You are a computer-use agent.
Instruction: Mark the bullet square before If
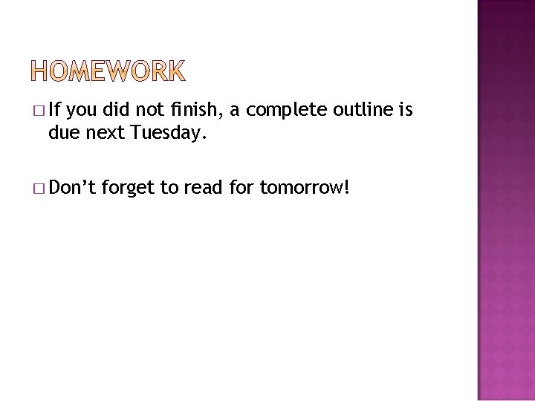[38, 111]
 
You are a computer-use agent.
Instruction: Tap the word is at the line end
[406, 111]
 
